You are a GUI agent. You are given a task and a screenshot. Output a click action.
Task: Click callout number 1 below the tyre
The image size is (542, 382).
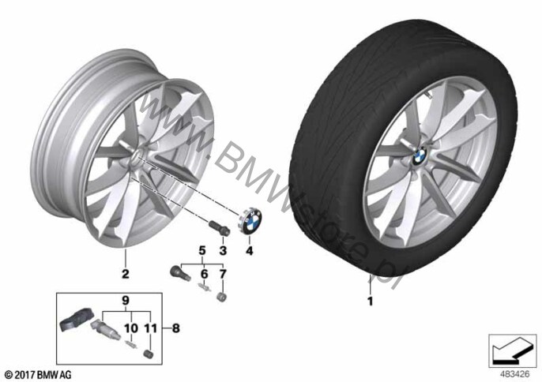click(x=371, y=301)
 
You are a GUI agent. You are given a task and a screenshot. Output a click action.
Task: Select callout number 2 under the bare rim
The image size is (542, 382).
click(x=125, y=274)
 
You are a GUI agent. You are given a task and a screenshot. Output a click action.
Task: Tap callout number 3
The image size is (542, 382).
click(x=223, y=250)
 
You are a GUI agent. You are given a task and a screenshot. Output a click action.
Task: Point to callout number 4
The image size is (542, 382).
click(x=250, y=250)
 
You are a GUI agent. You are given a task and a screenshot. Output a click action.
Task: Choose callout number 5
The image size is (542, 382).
click(x=202, y=250)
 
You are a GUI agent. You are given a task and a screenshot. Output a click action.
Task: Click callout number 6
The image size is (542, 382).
click(x=205, y=274)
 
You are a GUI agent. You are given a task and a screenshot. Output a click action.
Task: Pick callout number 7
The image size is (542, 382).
click(x=223, y=274)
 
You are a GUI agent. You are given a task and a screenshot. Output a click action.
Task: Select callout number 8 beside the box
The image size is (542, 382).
click(x=176, y=328)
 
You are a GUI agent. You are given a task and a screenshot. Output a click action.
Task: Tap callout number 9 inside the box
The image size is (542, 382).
click(x=125, y=301)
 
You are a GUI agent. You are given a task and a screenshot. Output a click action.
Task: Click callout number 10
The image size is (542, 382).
click(x=131, y=328)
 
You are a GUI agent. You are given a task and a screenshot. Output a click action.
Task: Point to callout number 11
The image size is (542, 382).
click(x=151, y=328)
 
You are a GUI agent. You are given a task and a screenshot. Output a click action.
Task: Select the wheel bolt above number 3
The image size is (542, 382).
click(x=220, y=229)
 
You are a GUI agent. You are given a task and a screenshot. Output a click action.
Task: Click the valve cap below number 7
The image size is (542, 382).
click(x=220, y=297)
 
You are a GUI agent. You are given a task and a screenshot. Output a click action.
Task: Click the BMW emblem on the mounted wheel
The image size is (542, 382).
click(x=420, y=156)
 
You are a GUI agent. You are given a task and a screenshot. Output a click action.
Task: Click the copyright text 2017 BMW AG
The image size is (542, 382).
click(x=39, y=374)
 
